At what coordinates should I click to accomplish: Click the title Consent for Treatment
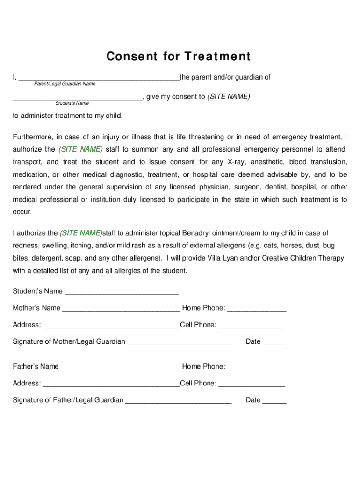[x=179, y=57]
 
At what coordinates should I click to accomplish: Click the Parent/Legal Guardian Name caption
[x=65, y=84]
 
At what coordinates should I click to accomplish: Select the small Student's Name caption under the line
[x=72, y=103]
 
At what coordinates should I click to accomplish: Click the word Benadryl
[x=196, y=233]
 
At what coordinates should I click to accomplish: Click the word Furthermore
[x=33, y=137]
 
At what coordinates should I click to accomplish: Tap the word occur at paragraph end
[x=22, y=212]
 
